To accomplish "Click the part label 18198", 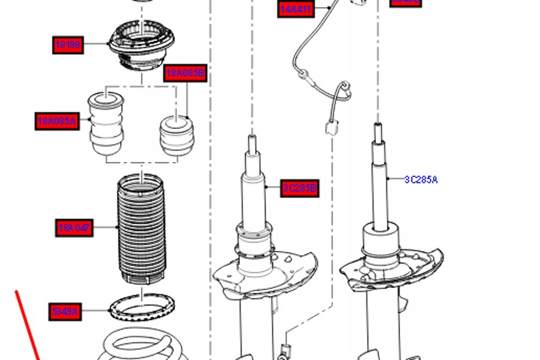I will click(x=69, y=45).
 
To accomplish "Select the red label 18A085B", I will click(x=185, y=73).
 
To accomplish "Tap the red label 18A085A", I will click(x=57, y=122).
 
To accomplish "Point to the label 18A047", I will click(x=74, y=228).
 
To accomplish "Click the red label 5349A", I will click(x=65, y=312).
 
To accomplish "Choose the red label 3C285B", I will click(x=300, y=188).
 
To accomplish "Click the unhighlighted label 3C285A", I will click(x=421, y=180).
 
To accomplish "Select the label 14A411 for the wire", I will click(x=296, y=9).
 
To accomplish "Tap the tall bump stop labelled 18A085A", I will click(x=107, y=124).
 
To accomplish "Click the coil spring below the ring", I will click(x=142, y=345).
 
